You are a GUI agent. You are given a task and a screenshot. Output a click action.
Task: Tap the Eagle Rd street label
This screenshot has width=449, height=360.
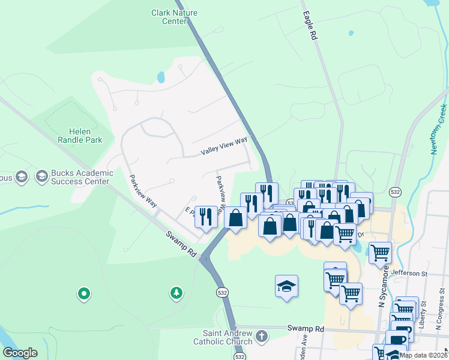click(310, 26)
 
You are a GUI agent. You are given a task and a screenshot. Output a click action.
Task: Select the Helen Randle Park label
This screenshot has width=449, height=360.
click(85, 136)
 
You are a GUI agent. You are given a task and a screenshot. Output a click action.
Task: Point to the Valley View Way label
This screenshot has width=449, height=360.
click(224, 146)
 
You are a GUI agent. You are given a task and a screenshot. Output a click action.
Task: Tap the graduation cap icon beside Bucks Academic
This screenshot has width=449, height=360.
click(41, 176)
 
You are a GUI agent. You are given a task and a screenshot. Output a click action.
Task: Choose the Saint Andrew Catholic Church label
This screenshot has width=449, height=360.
click(223, 337)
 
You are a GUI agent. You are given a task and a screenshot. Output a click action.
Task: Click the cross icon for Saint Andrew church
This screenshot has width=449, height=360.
click(261, 337)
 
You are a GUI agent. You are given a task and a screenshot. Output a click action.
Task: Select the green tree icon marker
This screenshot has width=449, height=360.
click(176, 293)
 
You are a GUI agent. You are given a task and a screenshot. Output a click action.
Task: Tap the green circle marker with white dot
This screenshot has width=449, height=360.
click(84, 293)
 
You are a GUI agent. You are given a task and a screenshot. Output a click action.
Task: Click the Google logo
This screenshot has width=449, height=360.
click(20, 353)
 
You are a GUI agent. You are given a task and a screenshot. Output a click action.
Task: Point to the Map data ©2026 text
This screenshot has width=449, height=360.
click(423, 355)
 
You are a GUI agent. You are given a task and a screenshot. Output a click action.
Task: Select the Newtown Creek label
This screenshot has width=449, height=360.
click(439, 130)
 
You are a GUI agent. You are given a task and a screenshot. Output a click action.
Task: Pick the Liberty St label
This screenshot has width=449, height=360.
click(424, 316)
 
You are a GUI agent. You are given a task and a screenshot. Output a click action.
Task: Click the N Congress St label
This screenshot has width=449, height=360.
click(439, 316)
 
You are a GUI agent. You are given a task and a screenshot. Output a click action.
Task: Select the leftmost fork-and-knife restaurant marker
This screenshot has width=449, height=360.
click(206, 216)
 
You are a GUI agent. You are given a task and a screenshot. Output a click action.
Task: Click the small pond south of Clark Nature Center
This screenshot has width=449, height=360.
click(160, 77)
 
